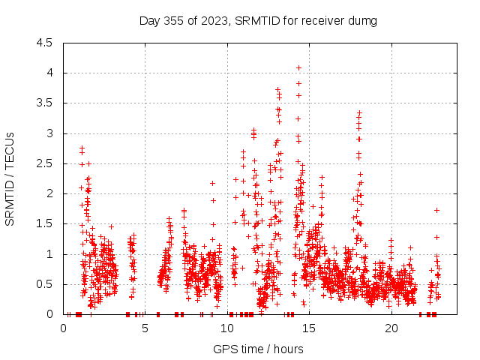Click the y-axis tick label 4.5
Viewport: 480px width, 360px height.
click(x=44, y=43)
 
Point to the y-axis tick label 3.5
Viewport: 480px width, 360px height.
click(x=44, y=103)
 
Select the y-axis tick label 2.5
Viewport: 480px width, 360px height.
click(x=44, y=163)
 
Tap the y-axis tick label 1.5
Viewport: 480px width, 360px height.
click(x=44, y=223)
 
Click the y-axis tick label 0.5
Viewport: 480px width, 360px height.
click(x=44, y=284)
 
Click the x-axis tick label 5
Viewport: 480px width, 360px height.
click(x=145, y=328)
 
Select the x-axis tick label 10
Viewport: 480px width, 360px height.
click(x=227, y=328)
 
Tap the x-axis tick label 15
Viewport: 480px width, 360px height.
click(x=310, y=328)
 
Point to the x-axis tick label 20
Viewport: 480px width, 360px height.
click(x=391, y=328)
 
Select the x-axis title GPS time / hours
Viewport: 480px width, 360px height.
click(x=259, y=349)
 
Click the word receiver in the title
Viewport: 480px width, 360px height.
click(x=324, y=20)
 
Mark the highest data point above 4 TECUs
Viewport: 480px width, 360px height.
click(x=298, y=67)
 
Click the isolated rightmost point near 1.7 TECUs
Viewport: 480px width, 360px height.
click(x=436, y=210)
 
